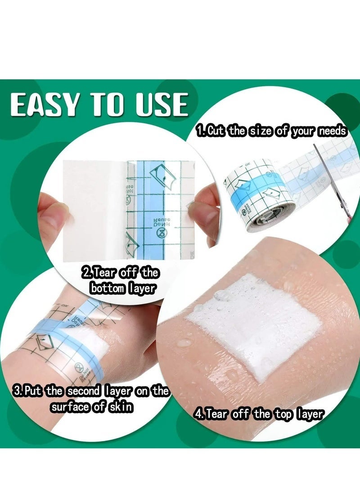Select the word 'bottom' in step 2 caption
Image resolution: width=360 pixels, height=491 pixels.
pos(108,288)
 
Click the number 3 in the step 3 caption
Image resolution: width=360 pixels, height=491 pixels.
pos(18,391)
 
